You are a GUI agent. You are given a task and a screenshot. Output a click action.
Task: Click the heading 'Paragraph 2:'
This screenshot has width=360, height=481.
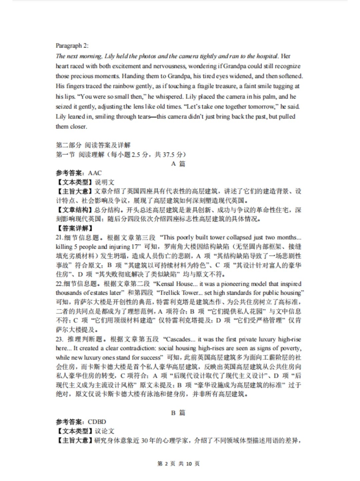coord(72,46)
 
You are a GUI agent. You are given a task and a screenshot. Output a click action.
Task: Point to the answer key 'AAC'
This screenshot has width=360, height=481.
coord(95,173)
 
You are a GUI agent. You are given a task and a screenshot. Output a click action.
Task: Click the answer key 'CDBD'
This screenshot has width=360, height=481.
coord(97,422)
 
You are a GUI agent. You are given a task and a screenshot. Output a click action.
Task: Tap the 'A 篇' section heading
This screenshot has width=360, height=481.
coord(178,164)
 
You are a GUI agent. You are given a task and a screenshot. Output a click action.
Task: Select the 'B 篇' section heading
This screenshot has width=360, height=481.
coord(178,413)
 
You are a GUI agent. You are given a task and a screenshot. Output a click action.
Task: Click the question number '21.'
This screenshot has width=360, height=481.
coord(59,237)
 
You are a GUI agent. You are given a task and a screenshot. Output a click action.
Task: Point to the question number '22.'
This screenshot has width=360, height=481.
coord(59,284)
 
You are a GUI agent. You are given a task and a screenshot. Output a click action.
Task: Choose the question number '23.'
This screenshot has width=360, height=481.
coord(59,339)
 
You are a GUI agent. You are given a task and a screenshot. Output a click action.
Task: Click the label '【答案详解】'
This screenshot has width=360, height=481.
coord(74,228)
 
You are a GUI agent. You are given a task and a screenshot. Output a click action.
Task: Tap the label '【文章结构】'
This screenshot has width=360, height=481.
coord(74,210)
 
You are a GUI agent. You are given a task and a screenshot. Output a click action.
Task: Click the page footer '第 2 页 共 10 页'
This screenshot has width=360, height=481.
coord(178,464)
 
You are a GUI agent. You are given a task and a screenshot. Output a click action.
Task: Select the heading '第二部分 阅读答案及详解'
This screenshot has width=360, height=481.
coord(93,145)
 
